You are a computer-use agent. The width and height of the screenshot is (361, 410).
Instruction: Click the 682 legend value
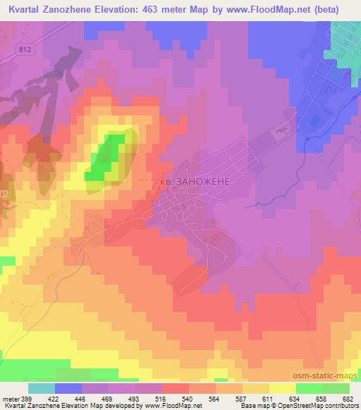(348, 399)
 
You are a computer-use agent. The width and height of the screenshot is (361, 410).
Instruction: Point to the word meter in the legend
(11, 399)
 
